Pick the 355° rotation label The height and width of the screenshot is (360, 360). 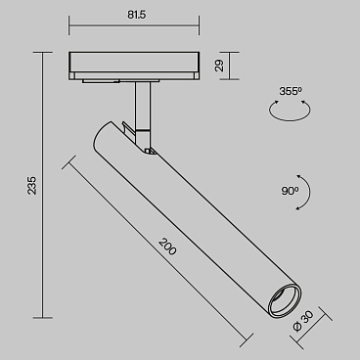[x=291, y=91]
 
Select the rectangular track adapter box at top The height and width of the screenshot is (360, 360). [x=135, y=64]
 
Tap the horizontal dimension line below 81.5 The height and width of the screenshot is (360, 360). [x=135, y=25]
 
